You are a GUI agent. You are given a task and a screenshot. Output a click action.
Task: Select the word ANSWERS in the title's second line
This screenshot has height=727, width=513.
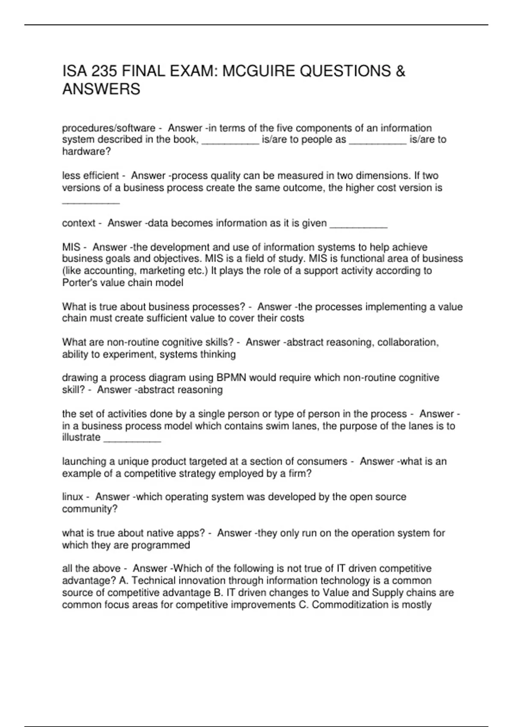[x=101, y=89]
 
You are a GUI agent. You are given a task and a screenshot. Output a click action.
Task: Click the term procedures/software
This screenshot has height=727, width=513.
[x=109, y=128]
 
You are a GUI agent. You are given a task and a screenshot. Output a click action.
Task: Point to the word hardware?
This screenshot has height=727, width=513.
[x=86, y=151]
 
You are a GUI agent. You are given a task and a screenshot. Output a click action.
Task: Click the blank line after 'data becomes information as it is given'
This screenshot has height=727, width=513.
[x=359, y=224]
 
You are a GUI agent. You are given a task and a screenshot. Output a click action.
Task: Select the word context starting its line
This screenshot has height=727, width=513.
[x=79, y=223]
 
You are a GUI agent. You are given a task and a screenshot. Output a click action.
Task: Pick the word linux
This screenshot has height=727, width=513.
[x=73, y=497]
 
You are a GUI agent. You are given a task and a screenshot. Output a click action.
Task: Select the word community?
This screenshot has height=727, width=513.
[x=90, y=509]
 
